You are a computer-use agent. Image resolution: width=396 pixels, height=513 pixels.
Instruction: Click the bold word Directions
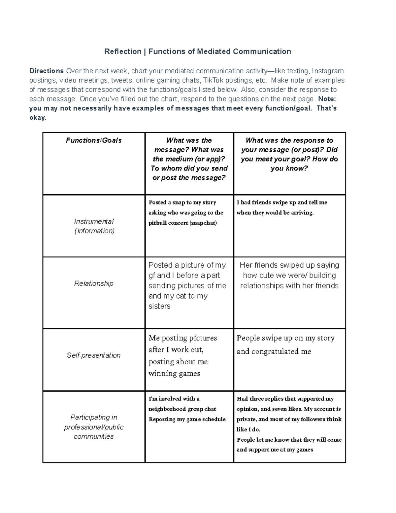tap(47, 71)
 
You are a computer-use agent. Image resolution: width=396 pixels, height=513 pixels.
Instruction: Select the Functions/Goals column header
tap(94, 140)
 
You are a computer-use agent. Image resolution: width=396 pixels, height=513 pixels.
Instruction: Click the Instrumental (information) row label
tap(94, 226)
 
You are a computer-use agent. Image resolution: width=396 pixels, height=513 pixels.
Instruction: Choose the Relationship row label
tap(94, 283)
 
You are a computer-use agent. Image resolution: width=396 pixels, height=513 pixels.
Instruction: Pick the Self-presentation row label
tap(94, 355)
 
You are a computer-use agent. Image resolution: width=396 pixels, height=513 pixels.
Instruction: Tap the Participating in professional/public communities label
tap(94, 427)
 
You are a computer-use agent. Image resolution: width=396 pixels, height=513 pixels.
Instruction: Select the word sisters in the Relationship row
tap(159, 306)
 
